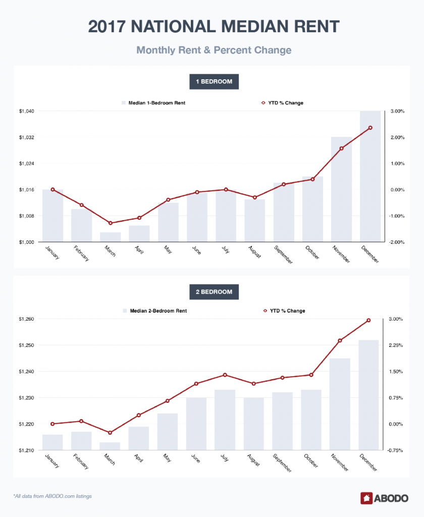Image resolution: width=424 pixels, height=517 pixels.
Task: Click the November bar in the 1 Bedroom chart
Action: (x=341, y=189)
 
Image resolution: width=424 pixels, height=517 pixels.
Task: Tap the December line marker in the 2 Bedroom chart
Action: (x=368, y=320)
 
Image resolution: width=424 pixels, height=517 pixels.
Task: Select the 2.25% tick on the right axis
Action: (x=396, y=345)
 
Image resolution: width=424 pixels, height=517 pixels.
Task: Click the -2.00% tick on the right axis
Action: (x=395, y=242)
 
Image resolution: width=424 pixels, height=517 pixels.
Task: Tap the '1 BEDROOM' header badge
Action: (x=211, y=82)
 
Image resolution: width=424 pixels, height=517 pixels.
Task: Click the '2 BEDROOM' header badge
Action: (x=211, y=292)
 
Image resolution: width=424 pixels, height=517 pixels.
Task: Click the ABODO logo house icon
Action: (x=366, y=498)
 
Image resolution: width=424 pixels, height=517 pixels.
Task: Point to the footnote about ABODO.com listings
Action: (x=52, y=496)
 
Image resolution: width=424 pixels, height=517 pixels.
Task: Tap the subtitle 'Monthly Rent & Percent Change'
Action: (x=211, y=50)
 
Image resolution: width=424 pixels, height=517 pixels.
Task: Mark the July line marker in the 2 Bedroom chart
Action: (x=225, y=375)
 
